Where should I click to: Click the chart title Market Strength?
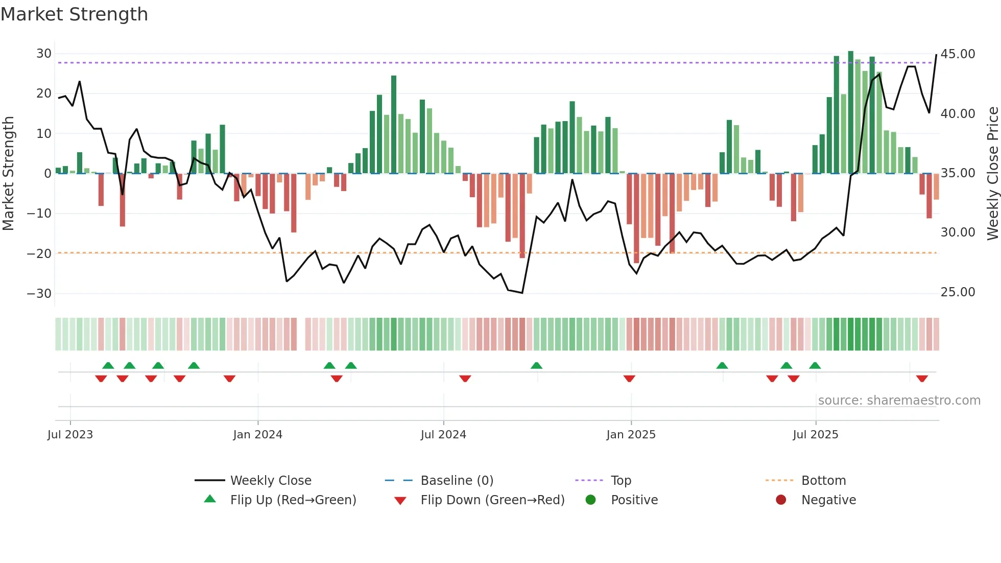75,14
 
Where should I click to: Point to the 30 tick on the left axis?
44,54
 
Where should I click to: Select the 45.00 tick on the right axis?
958,54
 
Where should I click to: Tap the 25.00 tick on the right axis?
958,292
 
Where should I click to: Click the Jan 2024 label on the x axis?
257,435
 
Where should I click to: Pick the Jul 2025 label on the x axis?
815,435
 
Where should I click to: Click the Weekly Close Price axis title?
992,173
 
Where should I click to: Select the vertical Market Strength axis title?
9,173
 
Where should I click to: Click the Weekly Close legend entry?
270,481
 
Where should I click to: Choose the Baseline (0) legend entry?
457,481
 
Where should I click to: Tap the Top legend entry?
621,481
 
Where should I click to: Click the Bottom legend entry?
823,481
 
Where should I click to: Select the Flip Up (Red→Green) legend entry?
293,500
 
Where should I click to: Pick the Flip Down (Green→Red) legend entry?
492,500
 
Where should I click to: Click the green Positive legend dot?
591,500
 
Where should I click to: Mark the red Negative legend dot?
781,500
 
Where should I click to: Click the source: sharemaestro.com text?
899,401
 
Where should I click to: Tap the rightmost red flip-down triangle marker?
922,379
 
